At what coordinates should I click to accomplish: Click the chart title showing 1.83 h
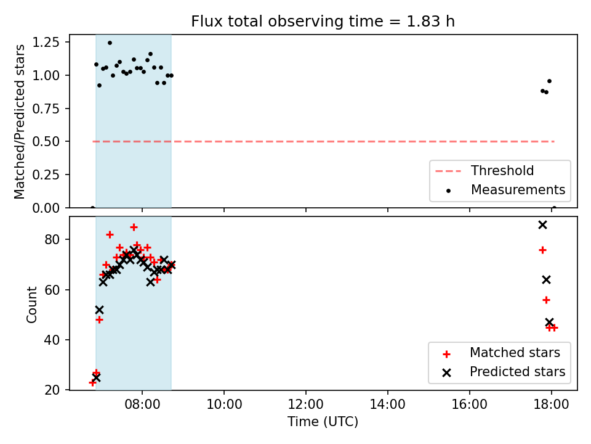tap(323, 21)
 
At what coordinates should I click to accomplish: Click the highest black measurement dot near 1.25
tap(110, 43)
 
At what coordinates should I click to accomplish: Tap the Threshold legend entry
tap(484, 171)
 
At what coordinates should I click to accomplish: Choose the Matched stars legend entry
tap(501, 353)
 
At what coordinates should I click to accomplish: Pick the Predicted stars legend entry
tap(504, 372)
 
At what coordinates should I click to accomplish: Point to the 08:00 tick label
tap(142, 405)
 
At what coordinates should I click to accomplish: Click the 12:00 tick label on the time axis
tap(306, 405)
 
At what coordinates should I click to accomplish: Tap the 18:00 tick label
tap(552, 405)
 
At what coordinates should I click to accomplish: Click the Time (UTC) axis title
tap(323, 421)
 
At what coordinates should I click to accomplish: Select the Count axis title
tap(31, 304)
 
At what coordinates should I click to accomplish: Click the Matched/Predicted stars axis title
tap(19, 121)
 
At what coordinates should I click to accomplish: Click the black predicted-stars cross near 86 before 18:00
tap(542, 225)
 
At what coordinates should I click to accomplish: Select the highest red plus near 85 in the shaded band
tap(134, 228)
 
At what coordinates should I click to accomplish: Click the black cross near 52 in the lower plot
tap(99, 310)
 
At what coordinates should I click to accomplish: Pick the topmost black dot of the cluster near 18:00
tap(549, 81)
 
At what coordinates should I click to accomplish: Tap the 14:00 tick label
tap(387, 405)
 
